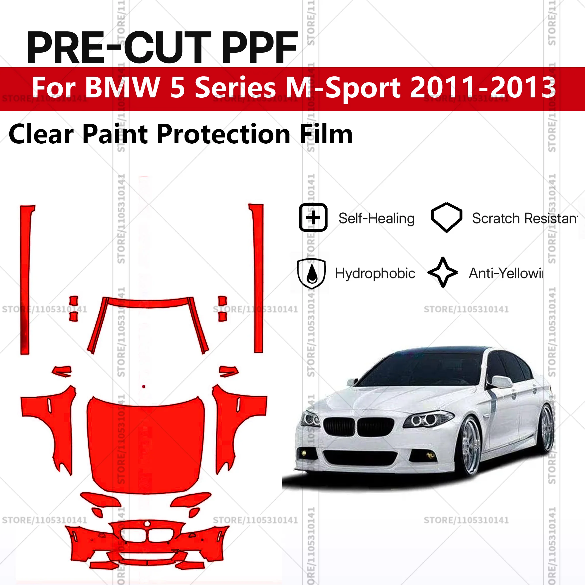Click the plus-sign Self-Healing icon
pyautogui.click(x=313, y=218)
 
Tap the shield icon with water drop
pyautogui.click(x=312, y=273)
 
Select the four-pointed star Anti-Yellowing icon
pyautogui.click(x=443, y=272)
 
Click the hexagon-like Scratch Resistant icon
pyautogui.click(x=446, y=217)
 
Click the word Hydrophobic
pyautogui.click(x=375, y=273)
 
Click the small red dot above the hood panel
pyautogui.click(x=144, y=387)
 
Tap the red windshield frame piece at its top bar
pyautogui.click(x=148, y=303)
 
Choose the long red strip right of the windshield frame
pyautogui.click(x=258, y=278)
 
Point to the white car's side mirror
pyautogui.click(x=501, y=382)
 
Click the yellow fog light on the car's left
pyautogui.click(x=304, y=453)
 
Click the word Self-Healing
pyautogui.click(x=376, y=218)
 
